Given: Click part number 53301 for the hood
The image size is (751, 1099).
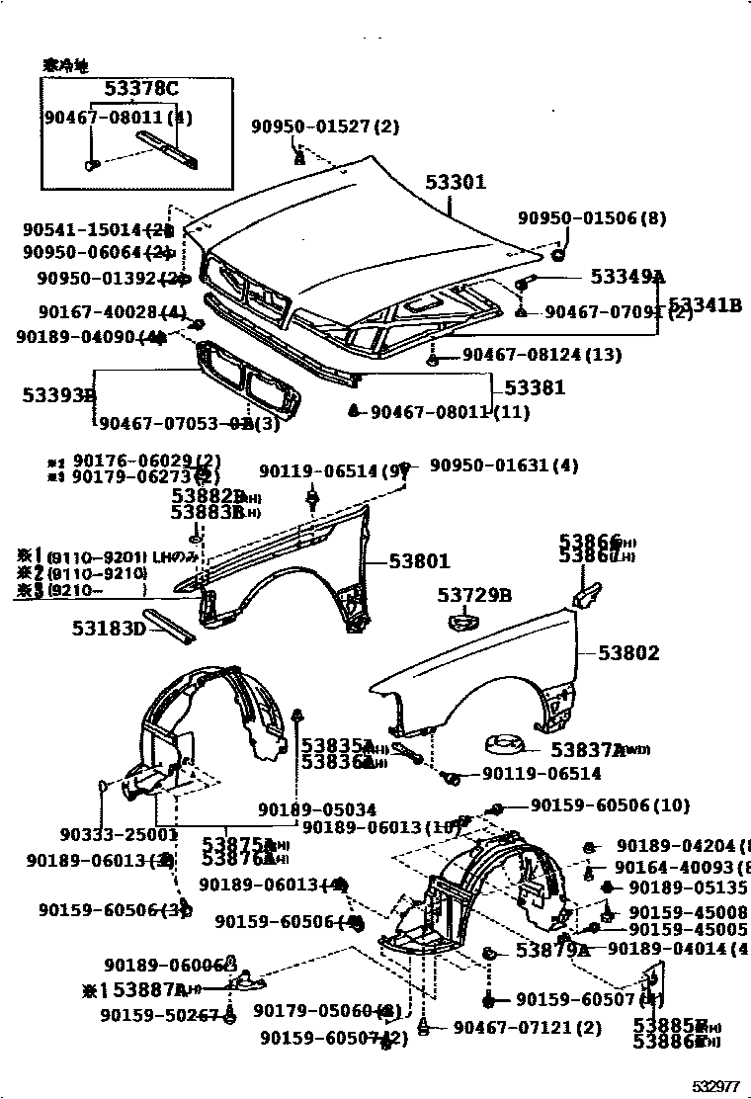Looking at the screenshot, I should pyautogui.click(x=456, y=183).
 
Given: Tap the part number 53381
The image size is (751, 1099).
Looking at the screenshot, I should pyautogui.click(x=535, y=388).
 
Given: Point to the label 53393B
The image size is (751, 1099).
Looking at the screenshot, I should pyautogui.click(x=58, y=396).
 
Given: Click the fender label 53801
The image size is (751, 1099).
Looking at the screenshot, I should pyautogui.click(x=419, y=561).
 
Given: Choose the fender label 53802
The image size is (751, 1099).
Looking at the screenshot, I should pyautogui.click(x=628, y=653).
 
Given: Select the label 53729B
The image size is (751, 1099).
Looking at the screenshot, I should pyautogui.click(x=474, y=595).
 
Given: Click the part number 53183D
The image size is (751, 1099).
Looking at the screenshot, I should pyautogui.click(x=109, y=629).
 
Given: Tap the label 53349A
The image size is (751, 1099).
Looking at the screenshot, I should pyautogui.click(x=627, y=277).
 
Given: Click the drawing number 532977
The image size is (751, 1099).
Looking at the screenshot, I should pyautogui.click(x=715, y=1086).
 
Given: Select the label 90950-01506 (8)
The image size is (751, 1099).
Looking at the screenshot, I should pyautogui.click(x=592, y=218).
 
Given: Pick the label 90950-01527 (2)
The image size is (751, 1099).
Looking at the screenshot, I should pyautogui.click(x=324, y=127).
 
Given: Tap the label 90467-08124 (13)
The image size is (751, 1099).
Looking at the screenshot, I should pyautogui.click(x=542, y=354).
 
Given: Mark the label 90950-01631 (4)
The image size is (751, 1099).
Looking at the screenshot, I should pyautogui.click(x=504, y=465).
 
